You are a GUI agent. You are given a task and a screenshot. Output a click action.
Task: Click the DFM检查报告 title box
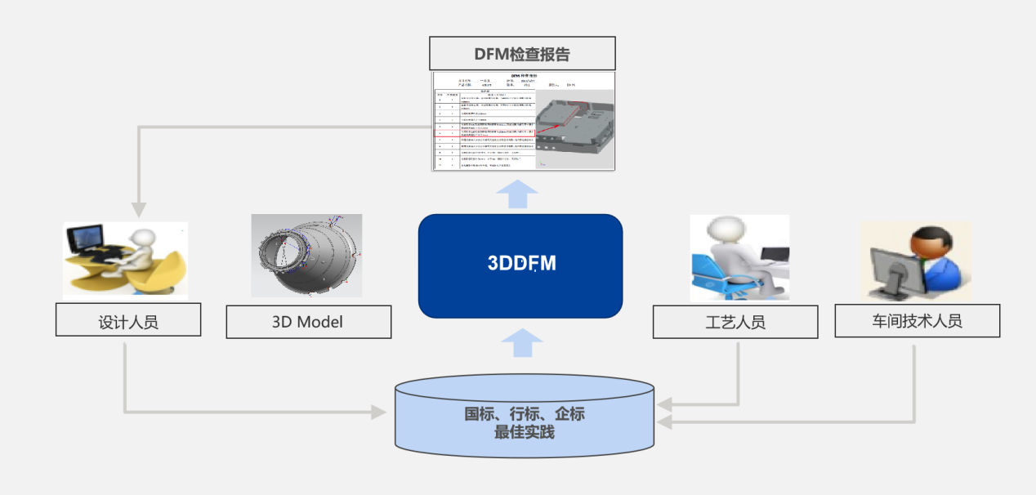(522, 54)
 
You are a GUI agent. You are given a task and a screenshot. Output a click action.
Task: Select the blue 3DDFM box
(520, 265)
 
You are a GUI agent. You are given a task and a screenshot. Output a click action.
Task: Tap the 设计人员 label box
(128, 321)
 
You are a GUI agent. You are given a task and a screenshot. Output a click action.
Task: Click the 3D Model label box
(308, 322)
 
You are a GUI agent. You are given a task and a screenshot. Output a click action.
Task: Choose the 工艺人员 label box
(735, 322)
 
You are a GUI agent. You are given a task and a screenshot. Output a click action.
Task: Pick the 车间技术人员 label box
(917, 321)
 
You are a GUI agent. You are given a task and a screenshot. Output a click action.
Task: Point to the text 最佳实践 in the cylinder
(524, 433)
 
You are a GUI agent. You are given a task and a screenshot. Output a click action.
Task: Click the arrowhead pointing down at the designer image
(141, 211)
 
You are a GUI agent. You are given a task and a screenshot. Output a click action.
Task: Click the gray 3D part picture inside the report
(574, 123)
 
